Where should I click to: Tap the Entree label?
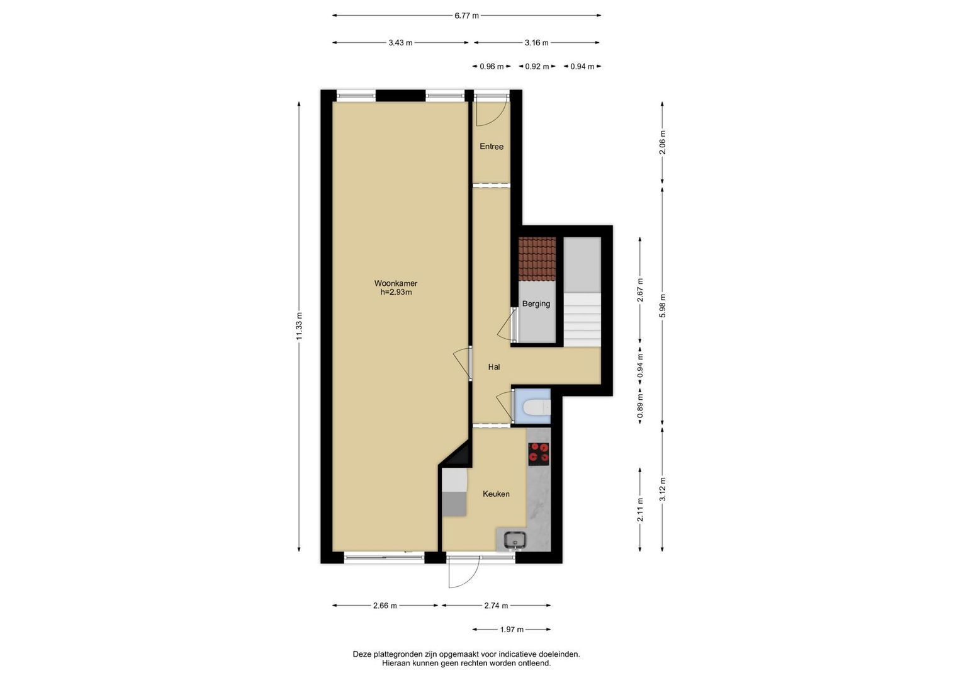point(492,146)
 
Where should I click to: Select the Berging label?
point(536,304)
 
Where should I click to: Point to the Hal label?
point(494,367)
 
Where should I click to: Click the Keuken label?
point(496,494)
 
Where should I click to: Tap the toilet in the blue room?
point(537,407)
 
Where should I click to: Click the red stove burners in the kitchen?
point(539,454)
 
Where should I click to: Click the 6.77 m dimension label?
point(466,16)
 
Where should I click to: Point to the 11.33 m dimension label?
point(300,326)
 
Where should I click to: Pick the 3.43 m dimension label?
point(400,43)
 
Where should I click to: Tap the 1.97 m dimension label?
point(512,630)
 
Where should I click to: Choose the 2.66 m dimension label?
point(385,606)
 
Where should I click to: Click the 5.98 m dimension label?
point(663,305)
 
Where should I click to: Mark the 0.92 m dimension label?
point(537,67)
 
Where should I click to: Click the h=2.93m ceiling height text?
point(396,292)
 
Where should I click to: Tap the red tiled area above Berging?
point(537,258)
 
